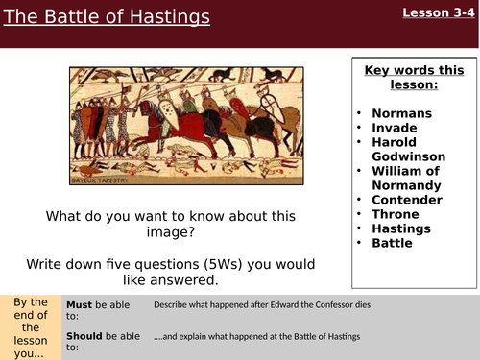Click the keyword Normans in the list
point(403,113)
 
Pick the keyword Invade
point(396,128)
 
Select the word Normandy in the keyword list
point(408,185)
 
